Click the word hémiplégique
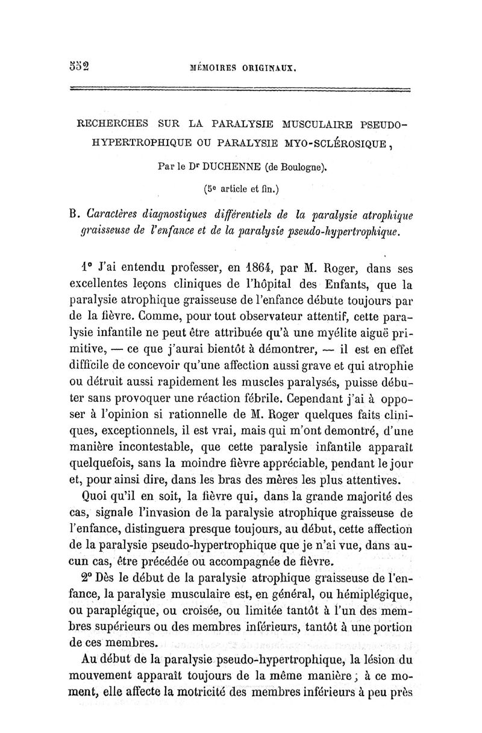pos(378,595)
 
